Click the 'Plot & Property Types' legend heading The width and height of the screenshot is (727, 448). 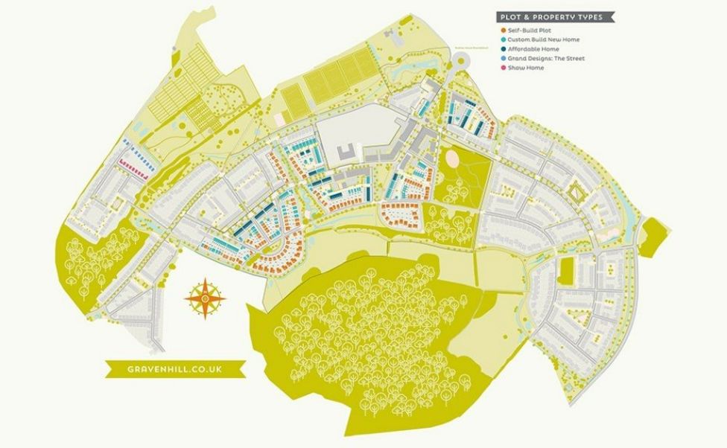556,16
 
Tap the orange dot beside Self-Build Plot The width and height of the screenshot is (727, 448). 503,30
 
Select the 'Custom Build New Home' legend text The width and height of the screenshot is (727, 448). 544,39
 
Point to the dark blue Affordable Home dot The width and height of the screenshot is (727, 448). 503,49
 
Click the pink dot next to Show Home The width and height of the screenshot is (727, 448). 503,68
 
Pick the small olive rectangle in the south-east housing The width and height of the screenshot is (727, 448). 565,272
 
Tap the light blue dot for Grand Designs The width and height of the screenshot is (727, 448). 503,58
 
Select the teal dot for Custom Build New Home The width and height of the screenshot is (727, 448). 503,39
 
